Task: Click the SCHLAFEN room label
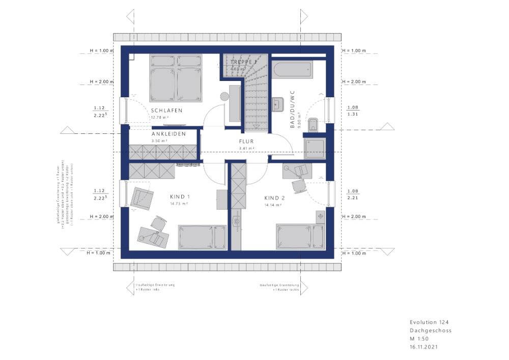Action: (166, 110)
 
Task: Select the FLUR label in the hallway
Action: (246, 142)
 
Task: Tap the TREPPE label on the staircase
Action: (244, 62)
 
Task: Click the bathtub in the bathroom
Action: (292, 70)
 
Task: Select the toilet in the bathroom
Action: (314, 123)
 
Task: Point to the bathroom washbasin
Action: (277, 104)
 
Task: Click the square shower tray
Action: (316, 148)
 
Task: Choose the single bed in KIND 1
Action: (202, 237)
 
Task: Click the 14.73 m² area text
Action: (181, 204)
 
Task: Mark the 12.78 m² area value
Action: (159, 118)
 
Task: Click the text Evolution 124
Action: (429, 322)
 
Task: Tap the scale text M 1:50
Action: (420, 339)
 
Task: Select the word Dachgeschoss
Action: (430, 330)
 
